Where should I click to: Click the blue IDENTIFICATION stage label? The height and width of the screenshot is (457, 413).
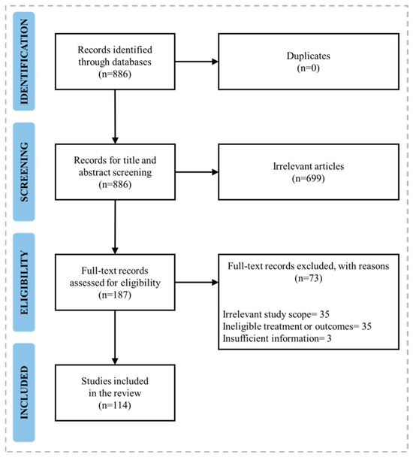24,61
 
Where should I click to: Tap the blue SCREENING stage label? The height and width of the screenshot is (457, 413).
24,171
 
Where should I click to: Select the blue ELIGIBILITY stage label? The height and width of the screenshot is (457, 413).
24,282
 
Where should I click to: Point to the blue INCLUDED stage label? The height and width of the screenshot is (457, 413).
24,392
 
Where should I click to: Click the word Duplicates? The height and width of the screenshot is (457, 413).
309,56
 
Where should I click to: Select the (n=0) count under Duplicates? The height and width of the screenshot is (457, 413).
309,68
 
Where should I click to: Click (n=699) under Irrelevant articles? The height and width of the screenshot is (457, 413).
309,178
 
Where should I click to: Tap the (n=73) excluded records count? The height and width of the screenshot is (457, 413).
309,278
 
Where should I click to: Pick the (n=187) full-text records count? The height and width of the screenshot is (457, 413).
115,295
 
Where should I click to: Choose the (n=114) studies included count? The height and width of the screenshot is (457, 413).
115,405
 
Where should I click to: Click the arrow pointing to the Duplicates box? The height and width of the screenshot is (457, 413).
197,62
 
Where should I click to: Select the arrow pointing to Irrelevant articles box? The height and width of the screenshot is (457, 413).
197,172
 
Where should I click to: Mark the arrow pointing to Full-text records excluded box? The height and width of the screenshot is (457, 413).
197,282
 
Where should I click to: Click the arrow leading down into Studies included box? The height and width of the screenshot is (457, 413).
115,337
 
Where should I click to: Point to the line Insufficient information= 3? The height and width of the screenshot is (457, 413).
277,339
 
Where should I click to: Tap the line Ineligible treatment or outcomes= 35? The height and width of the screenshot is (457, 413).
297,326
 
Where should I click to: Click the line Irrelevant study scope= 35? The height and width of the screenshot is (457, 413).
276,314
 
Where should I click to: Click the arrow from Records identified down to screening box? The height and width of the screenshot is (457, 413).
115,117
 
